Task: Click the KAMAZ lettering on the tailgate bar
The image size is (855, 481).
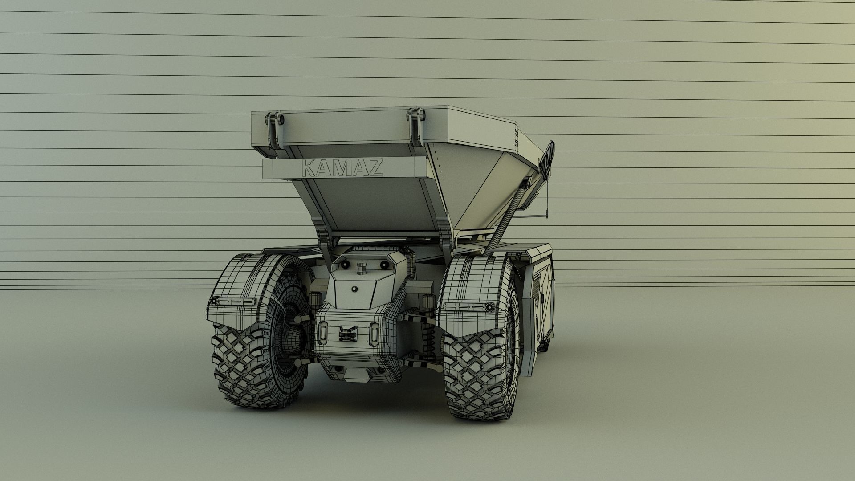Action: coord(342,168)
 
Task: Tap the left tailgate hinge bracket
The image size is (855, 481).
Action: coord(275,130)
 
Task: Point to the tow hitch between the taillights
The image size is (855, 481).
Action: coord(348,333)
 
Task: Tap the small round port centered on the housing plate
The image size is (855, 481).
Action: coord(354,289)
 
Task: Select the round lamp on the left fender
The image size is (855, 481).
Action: coord(214,302)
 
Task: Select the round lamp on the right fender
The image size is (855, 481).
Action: coord(490,306)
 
